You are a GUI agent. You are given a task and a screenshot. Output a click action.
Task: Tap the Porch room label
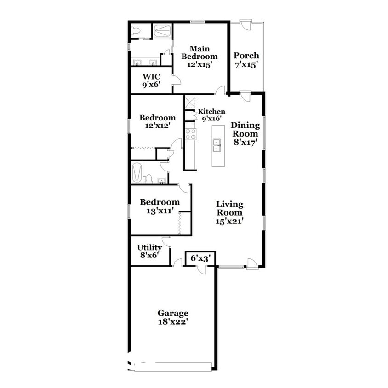pyautogui.click(x=246, y=56)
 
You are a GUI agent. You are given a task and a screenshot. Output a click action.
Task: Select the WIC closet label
pyautogui.click(x=151, y=76)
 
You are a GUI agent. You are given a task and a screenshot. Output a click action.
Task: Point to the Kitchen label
pyautogui.click(x=211, y=111)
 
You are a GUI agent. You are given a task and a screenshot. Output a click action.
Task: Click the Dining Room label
pyautogui.click(x=245, y=129)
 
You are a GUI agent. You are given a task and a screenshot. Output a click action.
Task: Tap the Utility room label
pyautogui.click(x=149, y=247)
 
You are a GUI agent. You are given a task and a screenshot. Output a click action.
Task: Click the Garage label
pyautogui.click(x=173, y=313)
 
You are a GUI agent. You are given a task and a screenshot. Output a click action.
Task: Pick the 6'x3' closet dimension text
pyautogui.click(x=200, y=259)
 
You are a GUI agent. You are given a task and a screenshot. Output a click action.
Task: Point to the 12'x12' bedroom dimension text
pyautogui.click(x=157, y=126)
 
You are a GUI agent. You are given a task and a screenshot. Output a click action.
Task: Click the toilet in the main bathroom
pyautogui.click(x=135, y=31)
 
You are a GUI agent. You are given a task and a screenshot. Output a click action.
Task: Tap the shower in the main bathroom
pyautogui.click(x=161, y=30)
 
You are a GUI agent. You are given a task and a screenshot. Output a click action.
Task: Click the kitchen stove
pyautogui.click(x=190, y=134)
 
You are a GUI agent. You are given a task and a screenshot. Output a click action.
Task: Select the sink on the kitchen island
pyautogui.click(x=216, y=146)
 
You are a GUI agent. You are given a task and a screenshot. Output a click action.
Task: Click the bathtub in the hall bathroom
pyautogui.click(x=137, y=172)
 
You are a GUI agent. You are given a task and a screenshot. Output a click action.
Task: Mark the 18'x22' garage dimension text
pyautogui.click(x=173, y=322)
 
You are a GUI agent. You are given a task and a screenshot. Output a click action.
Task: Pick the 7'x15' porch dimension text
pyautogui.click(x=246, y=65)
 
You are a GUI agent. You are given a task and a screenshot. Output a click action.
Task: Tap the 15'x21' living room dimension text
pyautogui.click(x=229, y=221)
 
